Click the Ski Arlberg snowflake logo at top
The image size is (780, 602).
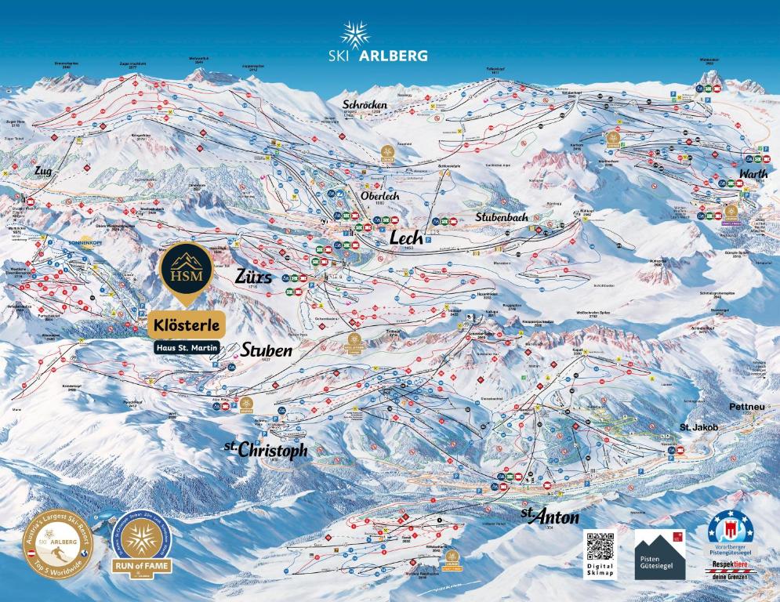click(355, 35)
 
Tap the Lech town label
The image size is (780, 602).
click(407, 238)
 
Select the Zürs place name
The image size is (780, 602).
click(253, 277)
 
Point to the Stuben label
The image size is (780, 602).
click(267, 350)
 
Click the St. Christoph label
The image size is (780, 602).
click(266, 450)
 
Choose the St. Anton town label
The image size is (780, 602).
click(550, 517)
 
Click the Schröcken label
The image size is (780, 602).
click(365, 104)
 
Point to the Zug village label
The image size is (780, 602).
click(42, 170)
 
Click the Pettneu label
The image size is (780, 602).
click(746, 407)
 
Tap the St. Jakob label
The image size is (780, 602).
click(698, 427)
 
